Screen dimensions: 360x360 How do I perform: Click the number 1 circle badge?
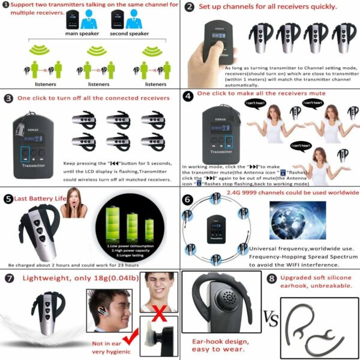coord(6,5)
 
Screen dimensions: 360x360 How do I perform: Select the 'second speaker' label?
coord(130,34)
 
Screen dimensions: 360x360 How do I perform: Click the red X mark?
coord(159,311)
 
